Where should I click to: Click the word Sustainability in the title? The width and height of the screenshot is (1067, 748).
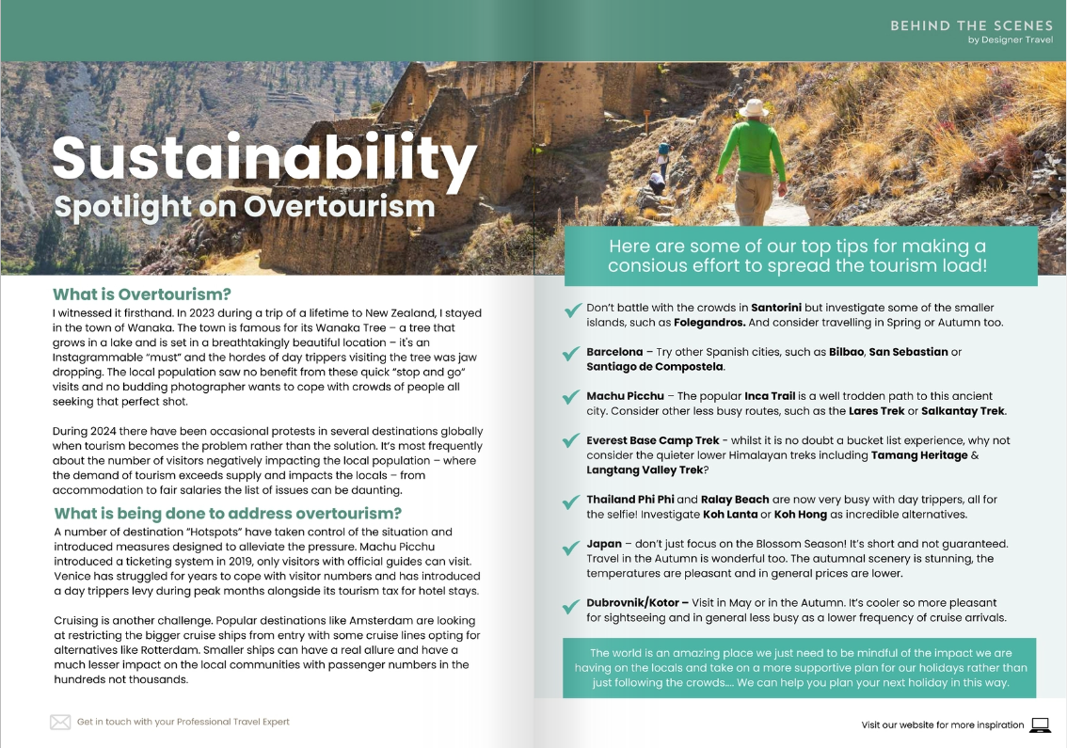click(263, 160)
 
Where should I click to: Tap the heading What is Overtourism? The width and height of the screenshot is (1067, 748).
click(142, 294)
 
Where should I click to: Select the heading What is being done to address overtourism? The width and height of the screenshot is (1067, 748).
click(228, 514)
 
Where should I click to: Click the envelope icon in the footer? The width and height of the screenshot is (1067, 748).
click(60, 722)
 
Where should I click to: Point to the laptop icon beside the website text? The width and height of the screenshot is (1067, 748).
click(1040, 724)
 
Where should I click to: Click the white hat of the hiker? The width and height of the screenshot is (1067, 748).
click(754, 107)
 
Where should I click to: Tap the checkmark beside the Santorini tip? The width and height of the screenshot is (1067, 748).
click(570, 311)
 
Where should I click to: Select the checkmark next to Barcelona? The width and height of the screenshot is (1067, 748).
click(570, 355)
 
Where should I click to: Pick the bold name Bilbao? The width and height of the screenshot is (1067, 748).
click(845, 352)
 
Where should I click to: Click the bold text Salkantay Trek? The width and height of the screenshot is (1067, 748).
click(964, 411)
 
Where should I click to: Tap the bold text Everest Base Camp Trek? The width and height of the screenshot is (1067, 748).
click(654, 440)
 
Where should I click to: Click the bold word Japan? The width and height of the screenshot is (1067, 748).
click(604, 544)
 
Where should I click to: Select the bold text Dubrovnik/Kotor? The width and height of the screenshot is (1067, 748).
click(637, 602)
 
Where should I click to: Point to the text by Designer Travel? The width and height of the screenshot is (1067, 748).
click(1010, 40)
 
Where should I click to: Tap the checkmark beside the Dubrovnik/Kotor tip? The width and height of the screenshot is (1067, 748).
click(570, 607)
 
